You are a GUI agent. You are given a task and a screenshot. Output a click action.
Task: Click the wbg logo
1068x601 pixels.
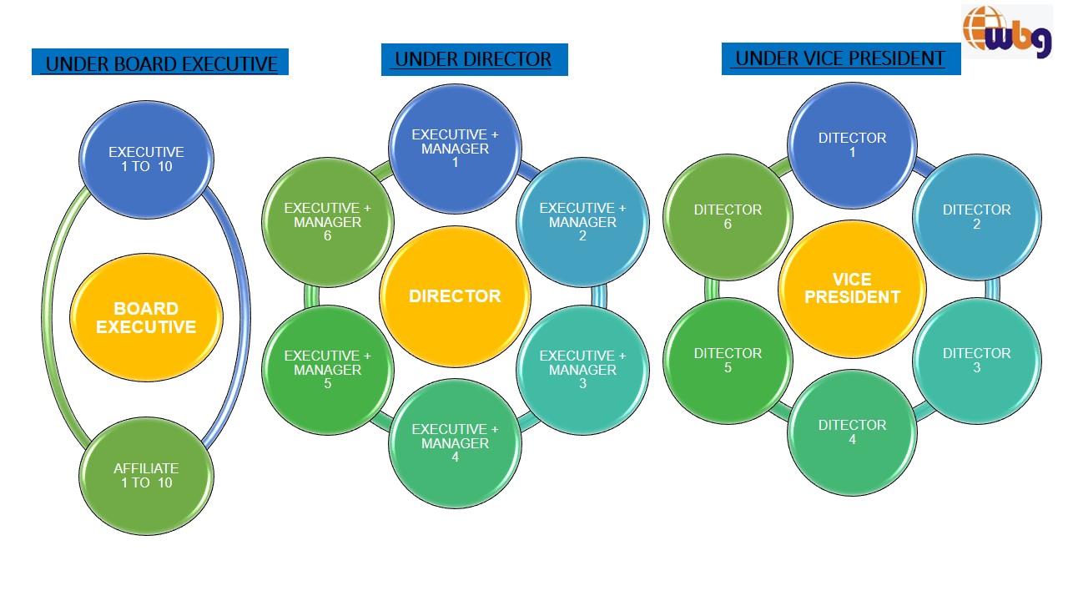(x=1006, y=31)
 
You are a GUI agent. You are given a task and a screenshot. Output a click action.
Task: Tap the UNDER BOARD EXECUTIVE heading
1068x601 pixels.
(x=160, y=63)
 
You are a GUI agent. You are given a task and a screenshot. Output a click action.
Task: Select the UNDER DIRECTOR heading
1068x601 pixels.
(x=474, y=59)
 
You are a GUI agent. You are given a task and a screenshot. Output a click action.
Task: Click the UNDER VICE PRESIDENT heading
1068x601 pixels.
(x=840, y=58)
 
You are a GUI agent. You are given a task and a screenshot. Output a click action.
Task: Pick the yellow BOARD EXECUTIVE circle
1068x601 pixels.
(x=146, y=318)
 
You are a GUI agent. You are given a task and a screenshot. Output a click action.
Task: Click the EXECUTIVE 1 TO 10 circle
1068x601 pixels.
(x=146, y=159)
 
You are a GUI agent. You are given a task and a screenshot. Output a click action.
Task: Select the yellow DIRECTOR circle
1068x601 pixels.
(x=455, y=295)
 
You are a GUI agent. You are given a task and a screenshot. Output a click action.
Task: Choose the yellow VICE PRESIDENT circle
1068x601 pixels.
(x=852, y=288)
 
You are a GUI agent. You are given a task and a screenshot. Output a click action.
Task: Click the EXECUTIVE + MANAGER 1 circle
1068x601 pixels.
(x=455, y=149)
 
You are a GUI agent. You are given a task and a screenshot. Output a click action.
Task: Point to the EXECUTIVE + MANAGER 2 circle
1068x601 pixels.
(x=582, y=222)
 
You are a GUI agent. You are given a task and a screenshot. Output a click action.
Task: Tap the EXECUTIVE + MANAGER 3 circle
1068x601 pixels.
(x=582, y=370)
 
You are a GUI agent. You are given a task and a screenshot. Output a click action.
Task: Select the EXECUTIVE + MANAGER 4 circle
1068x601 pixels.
(x=455, y=443)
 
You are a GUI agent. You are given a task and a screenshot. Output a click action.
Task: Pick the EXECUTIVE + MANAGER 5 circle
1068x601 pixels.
(x=327, y=370)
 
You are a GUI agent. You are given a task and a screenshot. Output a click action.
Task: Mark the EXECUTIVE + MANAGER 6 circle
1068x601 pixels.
(x=327, y=222)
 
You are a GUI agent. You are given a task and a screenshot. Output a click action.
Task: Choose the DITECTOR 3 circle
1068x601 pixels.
(x=976, y=361)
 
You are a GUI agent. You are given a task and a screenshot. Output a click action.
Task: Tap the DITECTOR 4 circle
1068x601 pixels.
(x=852, y=432)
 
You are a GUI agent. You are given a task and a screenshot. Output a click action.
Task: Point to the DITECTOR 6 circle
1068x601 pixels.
(x=728, y=217)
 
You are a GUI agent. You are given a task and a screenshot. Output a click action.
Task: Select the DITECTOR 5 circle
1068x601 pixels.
(x=728, y=361)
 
